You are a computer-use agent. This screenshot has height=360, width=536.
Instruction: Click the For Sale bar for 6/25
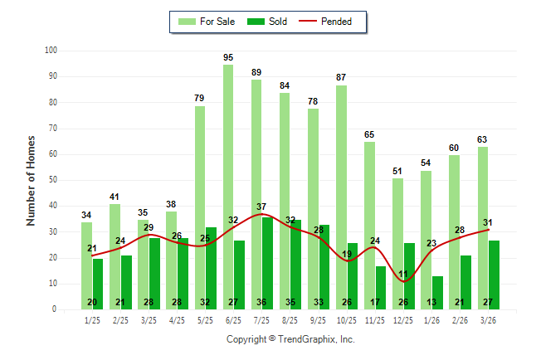coord(227,166)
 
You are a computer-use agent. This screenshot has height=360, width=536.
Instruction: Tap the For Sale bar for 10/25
coord(341,166)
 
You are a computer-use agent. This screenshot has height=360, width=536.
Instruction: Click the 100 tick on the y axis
coord(51,51)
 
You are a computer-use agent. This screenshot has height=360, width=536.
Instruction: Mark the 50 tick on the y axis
coord(52,180)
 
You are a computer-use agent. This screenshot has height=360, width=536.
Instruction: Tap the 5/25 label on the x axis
coord(205,320)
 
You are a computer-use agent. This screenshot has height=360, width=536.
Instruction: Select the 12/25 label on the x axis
coord(402,320)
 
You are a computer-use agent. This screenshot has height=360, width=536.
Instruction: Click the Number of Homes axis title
coord(31,180)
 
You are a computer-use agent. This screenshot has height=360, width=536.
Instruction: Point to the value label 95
coord(228,57)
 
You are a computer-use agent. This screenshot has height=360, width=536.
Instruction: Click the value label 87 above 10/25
coord(341,78)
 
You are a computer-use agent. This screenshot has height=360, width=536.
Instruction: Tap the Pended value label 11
coord(403,275)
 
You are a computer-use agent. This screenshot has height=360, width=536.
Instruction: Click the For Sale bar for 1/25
coord(86,265)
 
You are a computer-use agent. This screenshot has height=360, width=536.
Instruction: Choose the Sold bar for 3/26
coord(494,275)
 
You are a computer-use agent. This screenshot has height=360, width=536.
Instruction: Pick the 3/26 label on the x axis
coord(488,320)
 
